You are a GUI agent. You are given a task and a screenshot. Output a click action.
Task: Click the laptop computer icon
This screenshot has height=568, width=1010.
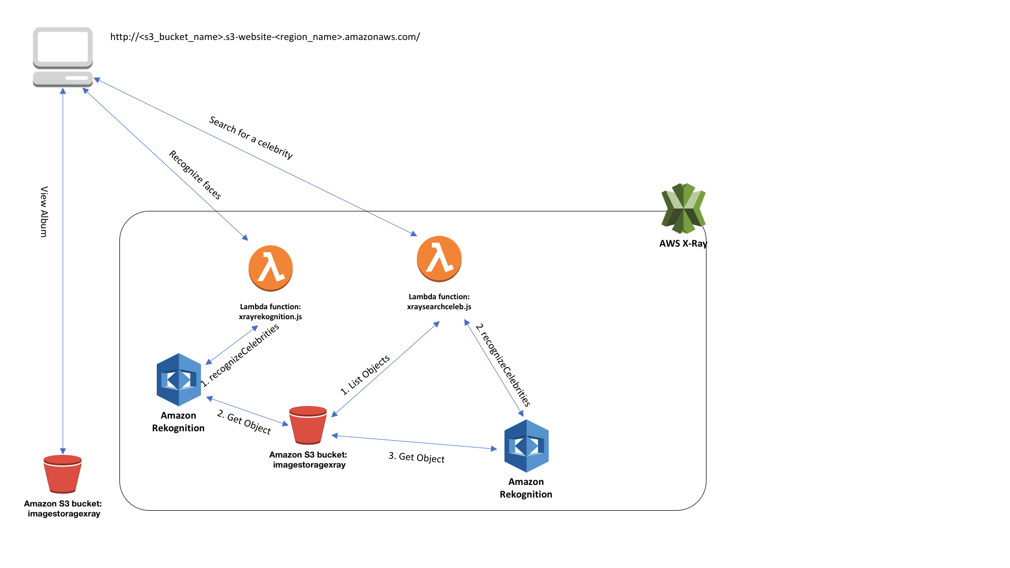63,57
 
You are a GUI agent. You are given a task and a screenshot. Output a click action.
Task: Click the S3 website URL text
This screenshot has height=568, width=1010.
265,37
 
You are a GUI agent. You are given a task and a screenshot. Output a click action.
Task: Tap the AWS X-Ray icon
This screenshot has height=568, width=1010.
683,208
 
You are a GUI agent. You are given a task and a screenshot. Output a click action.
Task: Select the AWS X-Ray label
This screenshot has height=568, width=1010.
683,244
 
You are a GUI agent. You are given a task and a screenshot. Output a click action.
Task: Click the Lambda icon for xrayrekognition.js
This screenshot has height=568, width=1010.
270,268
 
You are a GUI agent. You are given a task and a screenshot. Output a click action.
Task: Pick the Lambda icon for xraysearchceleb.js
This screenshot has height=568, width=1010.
439,259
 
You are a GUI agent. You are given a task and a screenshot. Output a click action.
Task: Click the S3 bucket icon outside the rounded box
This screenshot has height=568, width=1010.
63,474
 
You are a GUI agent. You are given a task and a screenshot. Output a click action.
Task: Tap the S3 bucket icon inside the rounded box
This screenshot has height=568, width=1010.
308,425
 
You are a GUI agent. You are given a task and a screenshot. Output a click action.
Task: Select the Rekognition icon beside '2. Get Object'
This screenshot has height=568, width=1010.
179,379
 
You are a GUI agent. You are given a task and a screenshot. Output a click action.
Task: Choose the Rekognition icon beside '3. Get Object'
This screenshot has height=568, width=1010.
526,445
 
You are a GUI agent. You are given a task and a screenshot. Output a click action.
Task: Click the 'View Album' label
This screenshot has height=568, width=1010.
44,211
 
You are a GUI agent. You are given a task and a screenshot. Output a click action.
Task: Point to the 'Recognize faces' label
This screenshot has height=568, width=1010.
195,175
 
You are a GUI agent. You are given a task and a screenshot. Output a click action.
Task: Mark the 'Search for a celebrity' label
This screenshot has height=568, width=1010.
251,137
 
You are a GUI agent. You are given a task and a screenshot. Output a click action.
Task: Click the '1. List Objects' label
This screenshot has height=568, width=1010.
365,375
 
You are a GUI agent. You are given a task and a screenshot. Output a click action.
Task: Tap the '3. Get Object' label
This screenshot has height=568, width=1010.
416,458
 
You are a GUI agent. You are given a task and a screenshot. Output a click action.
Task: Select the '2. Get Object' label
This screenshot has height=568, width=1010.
244,422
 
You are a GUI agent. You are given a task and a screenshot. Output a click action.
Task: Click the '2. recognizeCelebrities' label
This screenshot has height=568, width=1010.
503,365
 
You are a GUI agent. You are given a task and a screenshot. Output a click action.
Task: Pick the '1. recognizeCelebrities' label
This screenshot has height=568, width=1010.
240,356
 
